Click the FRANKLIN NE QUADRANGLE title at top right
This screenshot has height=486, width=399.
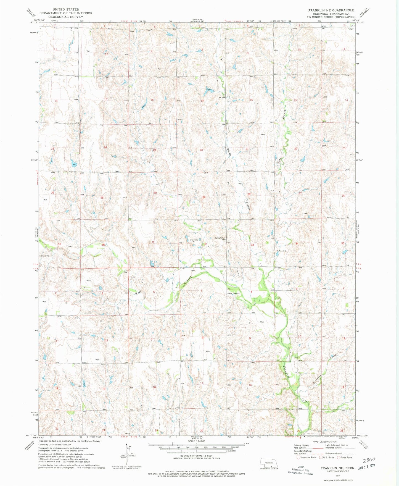click(x=331, y=10)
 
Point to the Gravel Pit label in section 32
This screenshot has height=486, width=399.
click(x=194, y=240)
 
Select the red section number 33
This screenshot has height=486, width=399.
click(x=252, y=245)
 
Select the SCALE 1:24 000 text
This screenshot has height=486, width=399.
click(x=196, y=441)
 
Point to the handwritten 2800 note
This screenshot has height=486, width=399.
click(x=369, y=460)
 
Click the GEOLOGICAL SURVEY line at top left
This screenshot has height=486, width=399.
click(x=66, y=17)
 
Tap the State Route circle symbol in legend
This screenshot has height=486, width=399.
click(x=339, y=458)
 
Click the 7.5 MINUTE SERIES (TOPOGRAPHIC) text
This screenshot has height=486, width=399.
click(x=331, y=17)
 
